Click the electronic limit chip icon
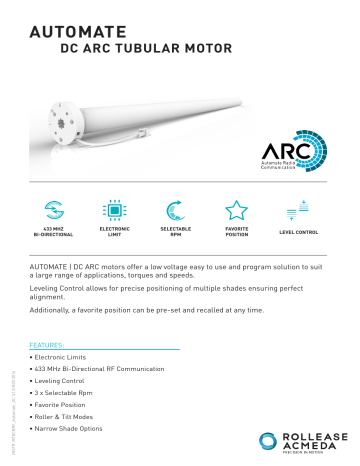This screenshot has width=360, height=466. click(x=114, y=211)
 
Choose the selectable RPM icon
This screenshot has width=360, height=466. click(x=175, y=211)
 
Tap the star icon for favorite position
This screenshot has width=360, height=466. click(x=236, y=210)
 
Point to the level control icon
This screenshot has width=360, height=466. click(x=297, y=211)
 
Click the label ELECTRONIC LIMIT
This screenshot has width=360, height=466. click(x=114, y=234)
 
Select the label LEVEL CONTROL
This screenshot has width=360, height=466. click(x=297, y=232)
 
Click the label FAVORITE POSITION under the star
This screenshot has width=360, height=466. click(x=236, y=234)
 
